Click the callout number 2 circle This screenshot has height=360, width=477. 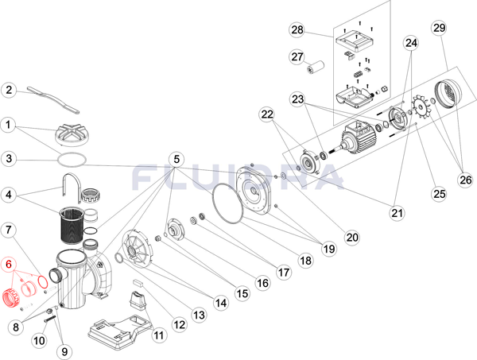coord(10,90)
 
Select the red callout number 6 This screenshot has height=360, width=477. coord(10,265)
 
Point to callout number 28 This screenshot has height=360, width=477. coord(297,30)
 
